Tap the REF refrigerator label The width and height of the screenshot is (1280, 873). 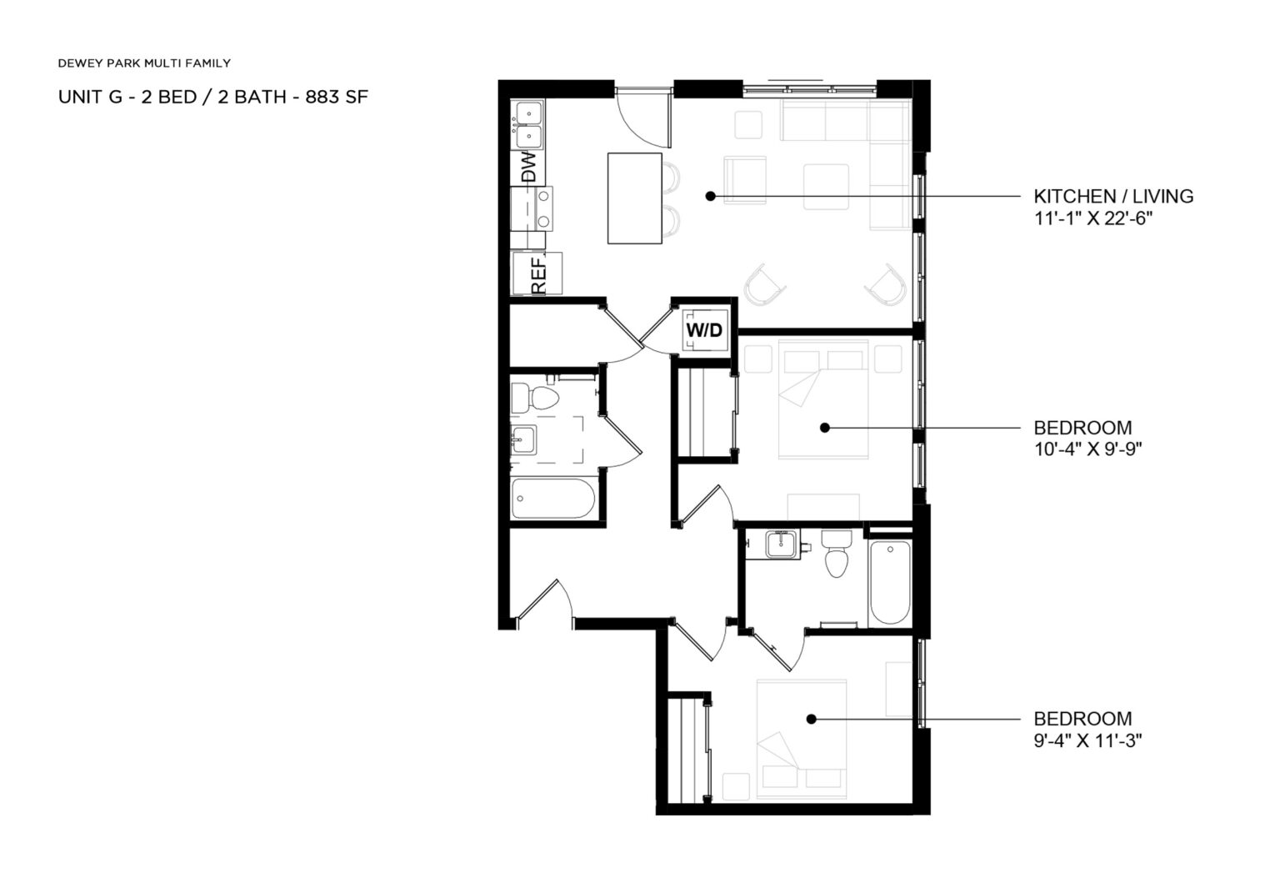(537, 274)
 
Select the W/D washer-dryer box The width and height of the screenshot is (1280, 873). (704, 329)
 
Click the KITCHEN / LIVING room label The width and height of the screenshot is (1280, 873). (1113, 196)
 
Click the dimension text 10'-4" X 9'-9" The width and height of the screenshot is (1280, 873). (1087, 449)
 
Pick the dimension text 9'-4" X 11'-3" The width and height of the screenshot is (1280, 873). (1087, 740)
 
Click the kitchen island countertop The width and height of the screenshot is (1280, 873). (635, 198)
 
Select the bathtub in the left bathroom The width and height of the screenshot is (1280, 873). (552, 499)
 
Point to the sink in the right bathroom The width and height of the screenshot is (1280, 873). (781, 544)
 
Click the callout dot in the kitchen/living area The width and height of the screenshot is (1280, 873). (711, 196)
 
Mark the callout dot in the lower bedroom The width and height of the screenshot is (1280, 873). (810, 719)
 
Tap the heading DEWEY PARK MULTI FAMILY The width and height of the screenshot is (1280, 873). (144, 63)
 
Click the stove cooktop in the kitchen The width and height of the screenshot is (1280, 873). (532, 208)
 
